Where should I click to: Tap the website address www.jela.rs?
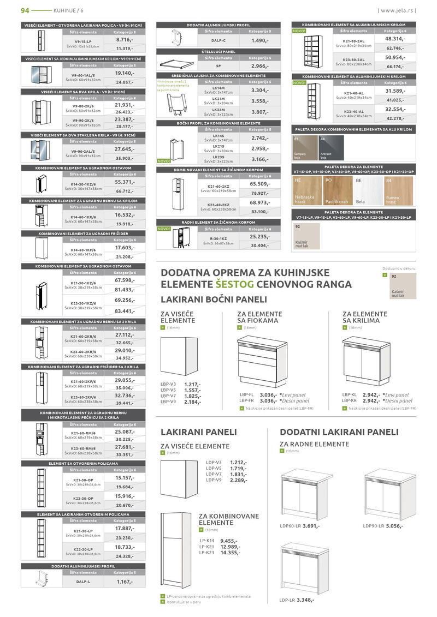397,10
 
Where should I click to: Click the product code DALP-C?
218,40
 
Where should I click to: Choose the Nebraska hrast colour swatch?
308,190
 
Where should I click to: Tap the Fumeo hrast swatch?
398,190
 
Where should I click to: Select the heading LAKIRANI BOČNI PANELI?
214,299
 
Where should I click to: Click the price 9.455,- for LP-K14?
229,541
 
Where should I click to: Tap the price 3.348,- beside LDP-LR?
305,600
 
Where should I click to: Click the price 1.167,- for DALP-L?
125,582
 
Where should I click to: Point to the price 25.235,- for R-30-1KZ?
259,237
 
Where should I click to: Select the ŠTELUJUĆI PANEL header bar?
218,51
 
